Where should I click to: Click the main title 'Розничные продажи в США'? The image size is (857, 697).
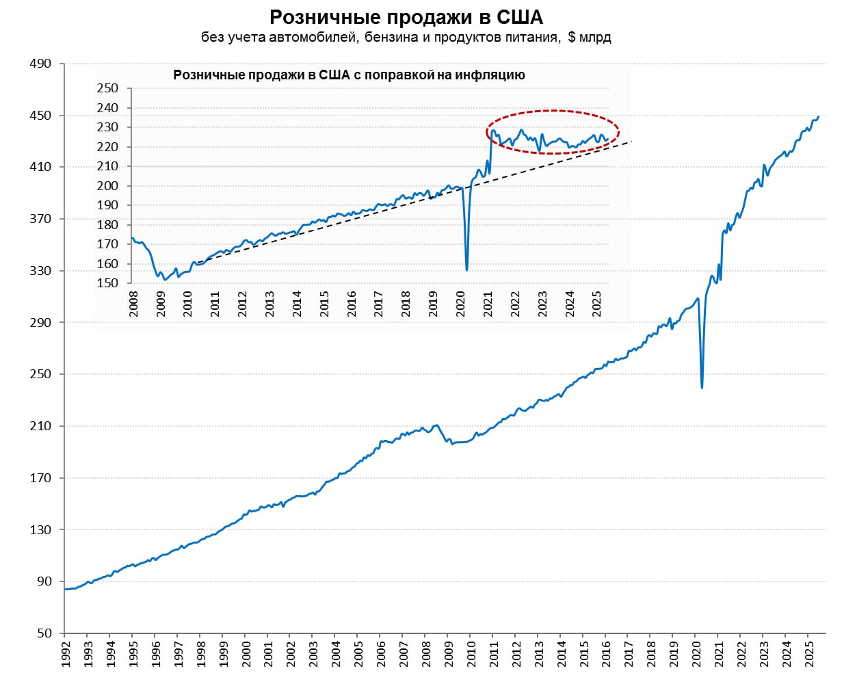point(406,16)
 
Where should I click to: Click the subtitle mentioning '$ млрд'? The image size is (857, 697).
point(406,37)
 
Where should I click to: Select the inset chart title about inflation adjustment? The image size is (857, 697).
point(349,75)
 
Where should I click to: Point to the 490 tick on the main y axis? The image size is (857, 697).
point(40,64)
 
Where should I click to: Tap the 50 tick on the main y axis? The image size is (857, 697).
point(44,633)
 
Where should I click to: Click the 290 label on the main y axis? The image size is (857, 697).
point(40,322)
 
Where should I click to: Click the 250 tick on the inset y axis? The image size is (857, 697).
point(107,88)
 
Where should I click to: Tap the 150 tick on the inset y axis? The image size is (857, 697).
point(107,283)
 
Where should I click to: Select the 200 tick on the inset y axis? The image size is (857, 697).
point(107,186)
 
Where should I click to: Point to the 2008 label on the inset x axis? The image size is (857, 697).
point(133,304)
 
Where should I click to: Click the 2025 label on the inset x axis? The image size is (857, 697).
point(596,304)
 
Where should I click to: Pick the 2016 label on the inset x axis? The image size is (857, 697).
point(352,304)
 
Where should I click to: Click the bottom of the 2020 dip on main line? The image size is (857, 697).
point(702,388)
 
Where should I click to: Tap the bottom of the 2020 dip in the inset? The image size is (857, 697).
point(467,269)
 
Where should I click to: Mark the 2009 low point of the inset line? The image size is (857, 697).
point(165,280)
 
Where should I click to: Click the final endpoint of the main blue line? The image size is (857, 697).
point(819,116)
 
